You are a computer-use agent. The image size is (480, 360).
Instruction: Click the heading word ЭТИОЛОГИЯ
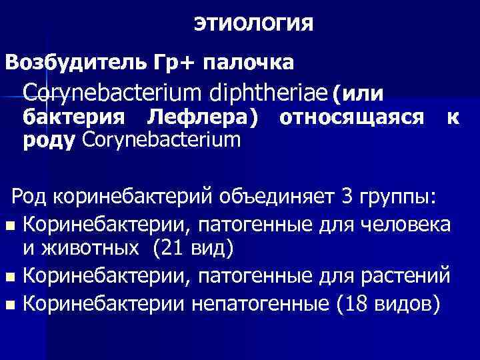254,25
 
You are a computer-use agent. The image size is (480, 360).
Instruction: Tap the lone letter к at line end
453,118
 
